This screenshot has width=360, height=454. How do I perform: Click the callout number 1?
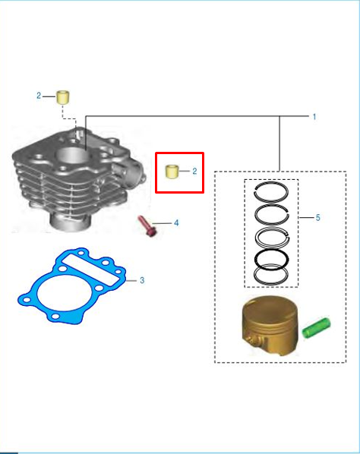point(314,117)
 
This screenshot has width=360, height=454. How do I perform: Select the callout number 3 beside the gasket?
point(142,280)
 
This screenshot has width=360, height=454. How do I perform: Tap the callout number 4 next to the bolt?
point(176,223)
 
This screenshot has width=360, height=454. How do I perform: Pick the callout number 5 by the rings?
point(317,218)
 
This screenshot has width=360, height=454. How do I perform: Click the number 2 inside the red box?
point(194,171)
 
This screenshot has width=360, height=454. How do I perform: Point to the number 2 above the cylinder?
point(39,96)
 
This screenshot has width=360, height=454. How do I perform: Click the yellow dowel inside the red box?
point(172,171)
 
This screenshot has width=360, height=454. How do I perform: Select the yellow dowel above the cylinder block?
point(63,97)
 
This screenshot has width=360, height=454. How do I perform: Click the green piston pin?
point(316,328)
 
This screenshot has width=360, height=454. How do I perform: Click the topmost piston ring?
point(271,183)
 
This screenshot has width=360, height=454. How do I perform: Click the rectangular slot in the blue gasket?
point(90,270)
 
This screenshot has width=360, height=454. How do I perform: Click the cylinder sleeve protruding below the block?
point(71,222)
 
